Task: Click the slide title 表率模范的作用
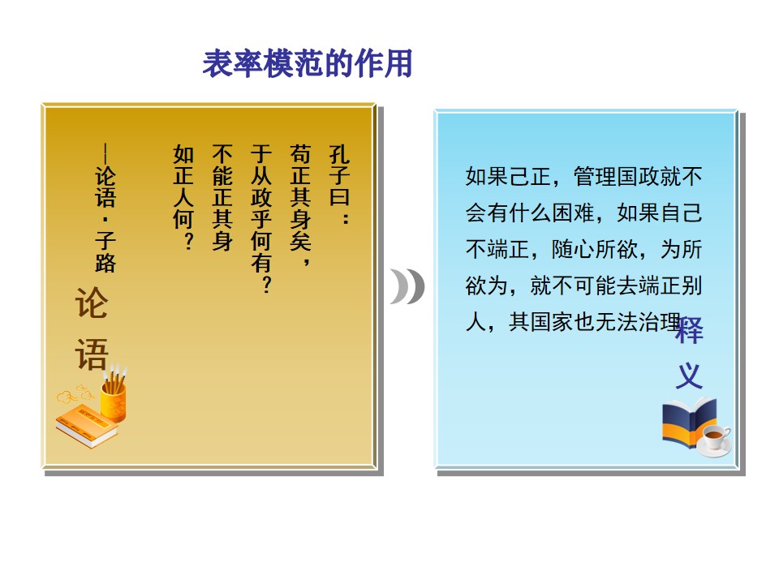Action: (308, 63)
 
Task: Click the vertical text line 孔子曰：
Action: (339, 184)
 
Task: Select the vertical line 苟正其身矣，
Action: (300, 205)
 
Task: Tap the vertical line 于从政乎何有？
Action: (261, 218)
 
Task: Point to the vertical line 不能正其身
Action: (222, 197)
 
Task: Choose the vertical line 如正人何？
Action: (183, 197)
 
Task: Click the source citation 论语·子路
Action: (105, 208)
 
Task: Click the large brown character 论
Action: (92, 303)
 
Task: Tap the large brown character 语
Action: (92, 354)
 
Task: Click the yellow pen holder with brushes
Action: (114, 395)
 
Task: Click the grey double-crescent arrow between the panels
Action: (407, 286)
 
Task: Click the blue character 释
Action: (689, 329)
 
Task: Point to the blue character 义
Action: (689, 376)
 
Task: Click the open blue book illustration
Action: (689, 422)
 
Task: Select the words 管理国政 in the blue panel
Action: (617, 176)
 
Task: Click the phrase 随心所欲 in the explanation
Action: (595, 249)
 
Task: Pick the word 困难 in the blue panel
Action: (574, 213)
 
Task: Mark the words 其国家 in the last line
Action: (540, 322)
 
